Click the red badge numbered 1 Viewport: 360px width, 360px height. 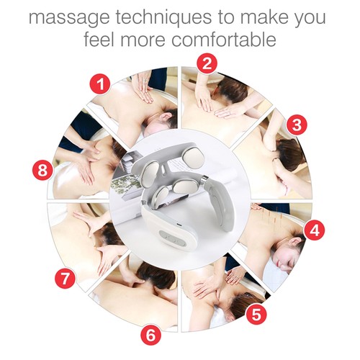point(102,85)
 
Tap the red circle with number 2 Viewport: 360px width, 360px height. point(207,63)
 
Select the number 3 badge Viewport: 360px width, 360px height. point(294,124)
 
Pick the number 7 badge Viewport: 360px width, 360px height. point(66,277)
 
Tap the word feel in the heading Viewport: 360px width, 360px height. point(100,39)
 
